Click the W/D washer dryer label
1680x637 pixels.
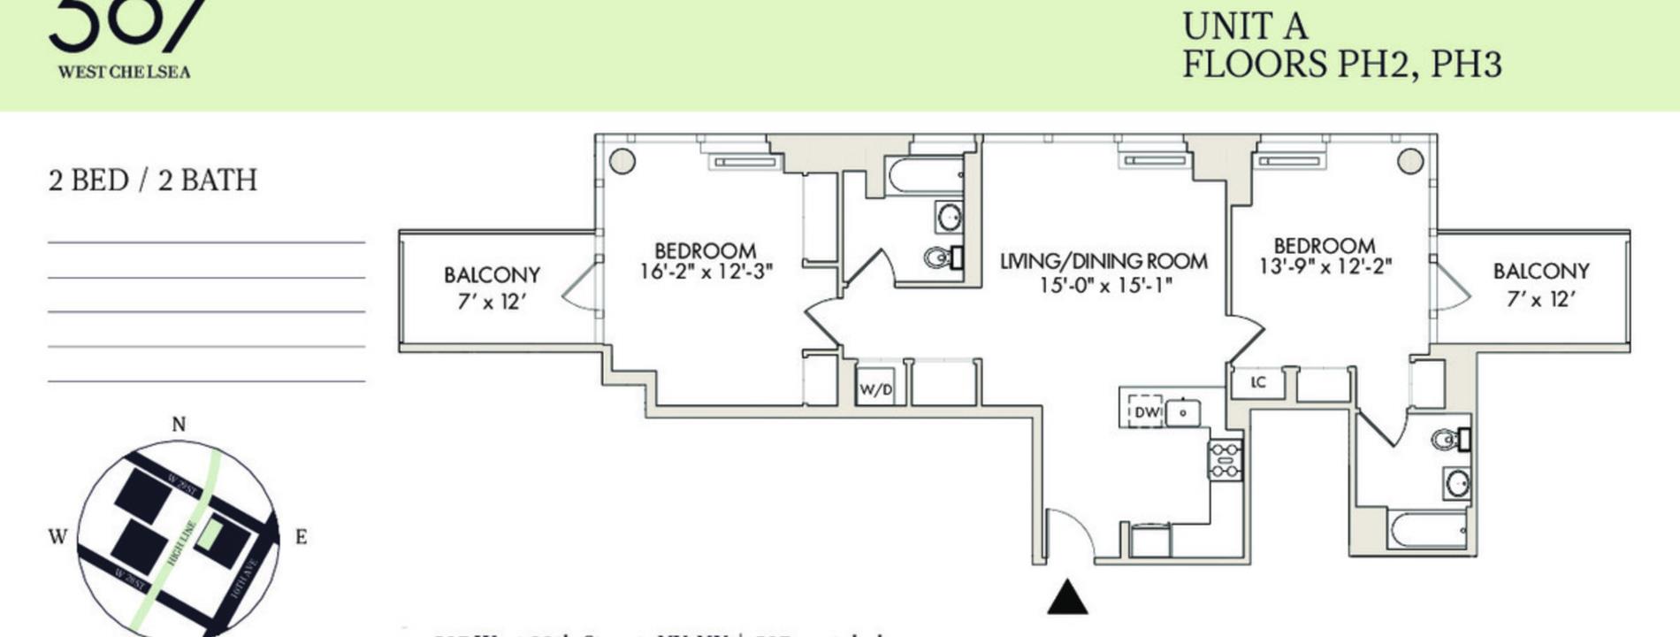pos(875,389)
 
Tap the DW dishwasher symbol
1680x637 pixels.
pos(1145,411)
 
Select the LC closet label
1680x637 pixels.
pos(1258,382)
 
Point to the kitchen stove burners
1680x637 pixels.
pos(1226,461)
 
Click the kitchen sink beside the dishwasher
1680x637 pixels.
pos(1182,412)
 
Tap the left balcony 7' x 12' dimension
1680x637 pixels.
pos(492,302)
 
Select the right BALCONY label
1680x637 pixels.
pos(1541,272)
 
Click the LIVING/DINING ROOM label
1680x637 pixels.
pos(1103,262)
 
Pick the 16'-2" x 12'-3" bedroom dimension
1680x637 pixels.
pos(706,272)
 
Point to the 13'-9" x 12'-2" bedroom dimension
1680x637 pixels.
pos(1325,265)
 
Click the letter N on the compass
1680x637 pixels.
pos(179,425)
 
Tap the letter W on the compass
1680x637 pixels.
pos(57,537)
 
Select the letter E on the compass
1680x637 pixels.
pos(301,537)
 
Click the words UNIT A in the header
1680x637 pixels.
pos(1244,27)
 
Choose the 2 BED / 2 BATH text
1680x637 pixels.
pos(153,180)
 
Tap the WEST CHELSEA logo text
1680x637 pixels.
pos(124,73)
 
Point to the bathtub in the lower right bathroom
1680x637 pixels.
pos(1427,530)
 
